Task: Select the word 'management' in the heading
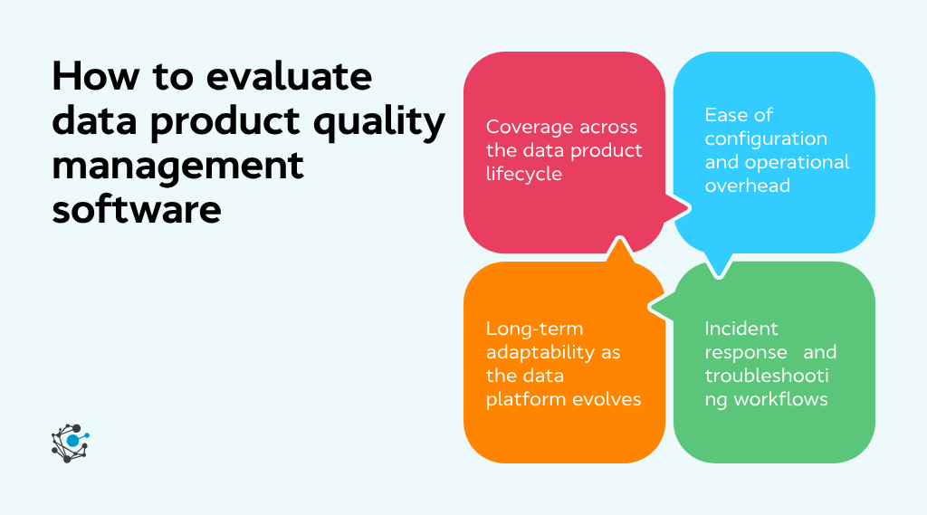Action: click(177, 166)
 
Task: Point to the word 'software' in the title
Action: click(136, 209)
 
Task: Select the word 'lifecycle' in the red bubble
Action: click(524, 174)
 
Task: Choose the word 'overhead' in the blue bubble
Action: click(747, 186)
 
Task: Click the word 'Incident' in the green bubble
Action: click(741, 328)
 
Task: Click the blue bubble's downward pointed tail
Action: click(719, 266)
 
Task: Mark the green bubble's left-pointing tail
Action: click(657, 308)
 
